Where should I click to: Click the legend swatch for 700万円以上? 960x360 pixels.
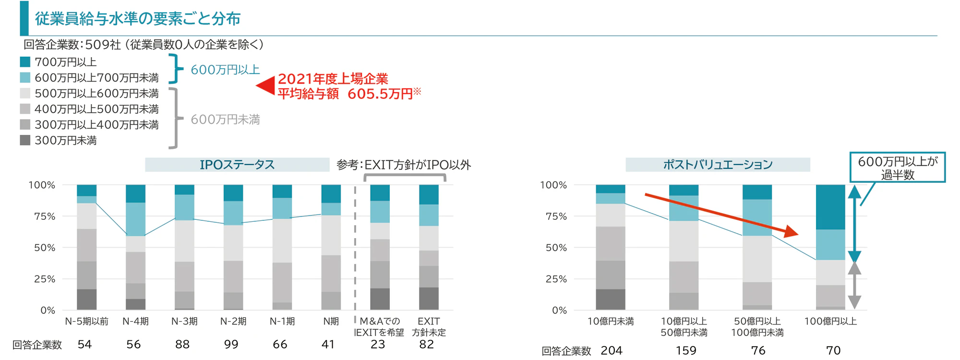click(x=25, y=62)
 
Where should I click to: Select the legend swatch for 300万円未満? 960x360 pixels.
click(x=25, y=140)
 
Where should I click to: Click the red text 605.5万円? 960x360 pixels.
click(x=380, y=94)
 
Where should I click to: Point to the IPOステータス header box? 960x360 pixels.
click(x=237, y=165)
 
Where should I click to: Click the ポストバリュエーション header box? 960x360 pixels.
click(x=717, y=165)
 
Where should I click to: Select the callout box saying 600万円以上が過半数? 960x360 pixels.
click(x=897, y=167)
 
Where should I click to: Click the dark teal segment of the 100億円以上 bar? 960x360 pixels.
click(x=830, y=207)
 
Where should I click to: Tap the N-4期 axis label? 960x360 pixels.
click(x=135, y=322)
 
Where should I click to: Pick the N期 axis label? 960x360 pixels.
click(x=331, y=322)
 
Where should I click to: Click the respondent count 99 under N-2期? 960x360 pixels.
click(x=231, y=344)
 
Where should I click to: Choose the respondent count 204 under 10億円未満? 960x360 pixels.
click(x=611, y=350)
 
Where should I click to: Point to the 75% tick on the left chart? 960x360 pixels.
click(x=44, y=216)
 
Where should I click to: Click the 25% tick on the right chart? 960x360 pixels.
click(x=556, y=279)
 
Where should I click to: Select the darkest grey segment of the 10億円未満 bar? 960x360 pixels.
click(x=611, y=299)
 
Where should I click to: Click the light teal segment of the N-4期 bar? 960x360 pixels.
click(x=135, y=219)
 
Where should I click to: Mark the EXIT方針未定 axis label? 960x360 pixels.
click(x=428, y=326)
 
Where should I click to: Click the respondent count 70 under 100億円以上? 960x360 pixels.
click(x=833, y=350)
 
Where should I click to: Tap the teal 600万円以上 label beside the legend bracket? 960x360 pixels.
click(x=225, y=70)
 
